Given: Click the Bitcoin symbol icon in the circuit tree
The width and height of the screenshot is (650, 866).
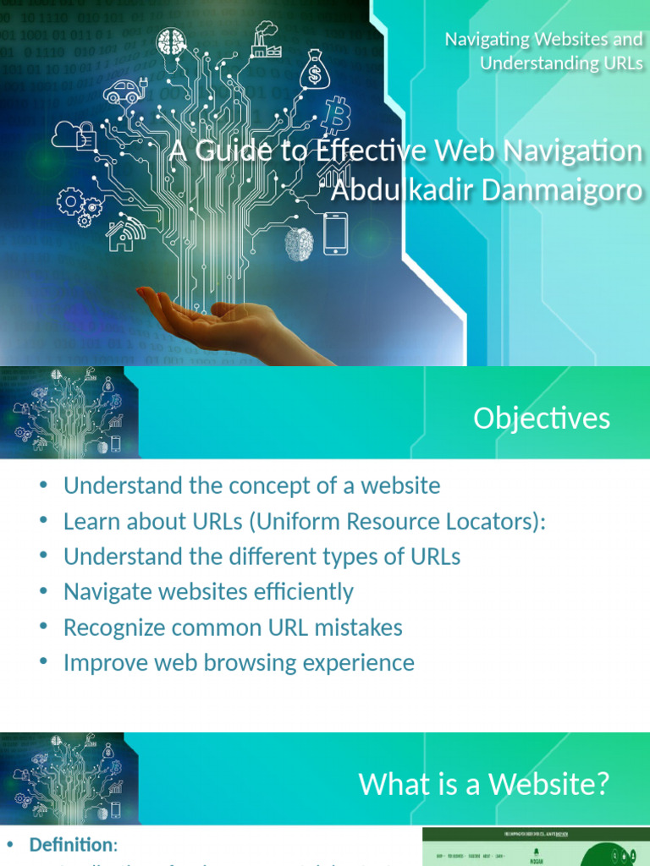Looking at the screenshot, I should (335, 115).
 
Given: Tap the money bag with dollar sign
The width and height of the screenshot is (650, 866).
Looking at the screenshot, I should (315, 69).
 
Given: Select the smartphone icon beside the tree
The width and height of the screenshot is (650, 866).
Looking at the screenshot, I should (335, 233).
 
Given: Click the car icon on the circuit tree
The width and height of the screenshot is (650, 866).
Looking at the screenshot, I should (124, 90).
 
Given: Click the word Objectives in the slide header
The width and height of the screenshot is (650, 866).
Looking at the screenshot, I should (542, 419).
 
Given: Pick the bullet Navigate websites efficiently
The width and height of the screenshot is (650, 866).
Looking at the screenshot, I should (208, 592).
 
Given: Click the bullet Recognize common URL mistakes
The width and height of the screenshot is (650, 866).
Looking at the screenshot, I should (233, 628).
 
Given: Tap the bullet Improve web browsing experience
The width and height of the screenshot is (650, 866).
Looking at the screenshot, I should (239, 662).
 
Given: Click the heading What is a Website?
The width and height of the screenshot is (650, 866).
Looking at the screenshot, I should (484, 784).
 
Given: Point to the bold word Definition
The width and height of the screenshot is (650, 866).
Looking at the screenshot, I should (71, 845).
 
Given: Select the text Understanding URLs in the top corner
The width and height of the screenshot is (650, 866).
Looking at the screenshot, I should (561, 63).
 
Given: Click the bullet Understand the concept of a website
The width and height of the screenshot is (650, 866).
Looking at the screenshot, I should (251, 485).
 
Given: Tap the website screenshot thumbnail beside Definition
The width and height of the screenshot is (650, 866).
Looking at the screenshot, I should (536, 847).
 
